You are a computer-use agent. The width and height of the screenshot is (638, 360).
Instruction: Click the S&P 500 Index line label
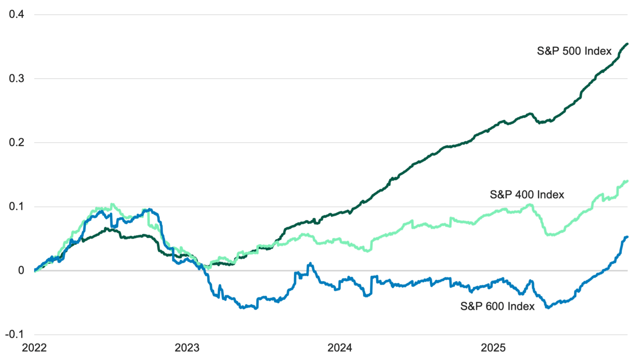click(x=575, y=52)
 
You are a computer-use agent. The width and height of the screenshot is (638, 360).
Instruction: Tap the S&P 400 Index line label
click(x=527, y=194)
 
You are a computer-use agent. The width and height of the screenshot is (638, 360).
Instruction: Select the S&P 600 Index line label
click(x=498, y=306)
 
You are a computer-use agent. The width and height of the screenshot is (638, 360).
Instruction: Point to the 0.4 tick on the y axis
click(x=18, y=15)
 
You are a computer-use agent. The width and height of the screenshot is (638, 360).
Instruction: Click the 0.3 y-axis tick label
click(x=18, y=79)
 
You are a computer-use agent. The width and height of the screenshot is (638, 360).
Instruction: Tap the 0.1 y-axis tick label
click(x=18, y=207)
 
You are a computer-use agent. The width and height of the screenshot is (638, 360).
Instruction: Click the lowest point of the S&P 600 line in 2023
click(x=256, y=308)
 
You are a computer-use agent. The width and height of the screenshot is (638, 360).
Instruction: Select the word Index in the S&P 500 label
click(x=598, y=52)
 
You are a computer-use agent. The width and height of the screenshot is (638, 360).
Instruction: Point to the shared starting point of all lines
click(x=35, y=271)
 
